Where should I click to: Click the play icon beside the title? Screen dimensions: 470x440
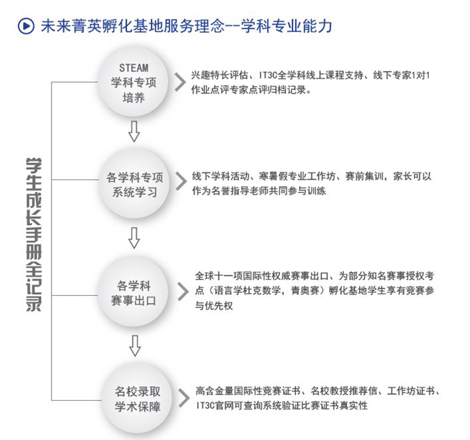tap(25, 26)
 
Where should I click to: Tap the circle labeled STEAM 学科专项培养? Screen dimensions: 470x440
tap(133, 82)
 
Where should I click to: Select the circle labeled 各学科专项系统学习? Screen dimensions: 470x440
tap(134, 183)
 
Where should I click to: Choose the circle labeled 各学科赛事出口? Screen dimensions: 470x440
tap(133, 292)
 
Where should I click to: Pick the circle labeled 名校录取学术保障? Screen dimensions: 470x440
tap(138, 400)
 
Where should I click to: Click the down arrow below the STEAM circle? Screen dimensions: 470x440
tap(134, 132)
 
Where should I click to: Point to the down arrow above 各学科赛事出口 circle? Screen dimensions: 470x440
tap(134, 238)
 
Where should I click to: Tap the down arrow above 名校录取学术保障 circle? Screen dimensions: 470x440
tap(135, 345)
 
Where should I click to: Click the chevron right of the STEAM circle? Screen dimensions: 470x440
tap(180, 82)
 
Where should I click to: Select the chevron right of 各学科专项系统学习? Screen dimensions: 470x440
tap(181, 181)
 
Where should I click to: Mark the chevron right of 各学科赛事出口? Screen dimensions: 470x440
tap(183, 291)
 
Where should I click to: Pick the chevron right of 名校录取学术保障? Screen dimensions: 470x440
tap(184, 398)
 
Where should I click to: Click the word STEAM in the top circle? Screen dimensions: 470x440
tap(134, 68)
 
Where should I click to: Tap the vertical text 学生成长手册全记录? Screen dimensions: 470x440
tap(33, 234)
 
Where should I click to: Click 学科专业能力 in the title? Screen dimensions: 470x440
tap(287, 26)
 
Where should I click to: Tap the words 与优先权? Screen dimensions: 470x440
tap(214, 306)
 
